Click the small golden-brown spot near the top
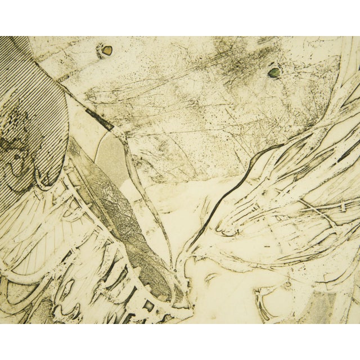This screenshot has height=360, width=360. point(105,51)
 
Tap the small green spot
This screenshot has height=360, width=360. point(274,72)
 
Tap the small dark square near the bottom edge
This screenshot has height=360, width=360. point(149,307)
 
